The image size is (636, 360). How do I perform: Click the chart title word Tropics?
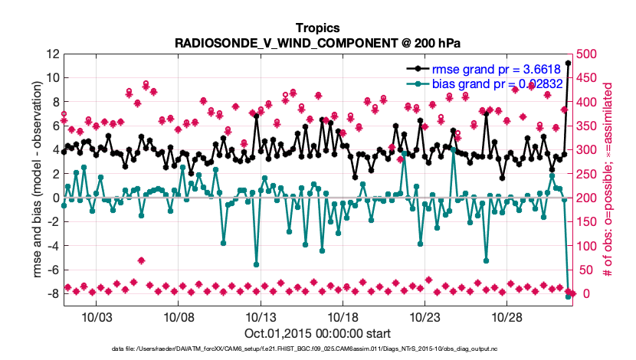click(x=317, y=28)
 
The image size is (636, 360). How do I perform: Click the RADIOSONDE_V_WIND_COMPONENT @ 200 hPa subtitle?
click(x=317, y=43)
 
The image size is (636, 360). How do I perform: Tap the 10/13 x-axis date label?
click(x=260, y=316)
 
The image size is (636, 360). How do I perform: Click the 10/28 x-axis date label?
click(x=506, y=316)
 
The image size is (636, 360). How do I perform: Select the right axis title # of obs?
click(x=610, y=180)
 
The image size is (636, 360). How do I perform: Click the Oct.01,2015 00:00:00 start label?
click(x=317, y=333)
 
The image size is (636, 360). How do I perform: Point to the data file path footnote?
click(x=317, y=349)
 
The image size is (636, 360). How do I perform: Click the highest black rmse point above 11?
click(x=568, y=64)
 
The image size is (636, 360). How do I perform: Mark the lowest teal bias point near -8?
click(x=568, y=296)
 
